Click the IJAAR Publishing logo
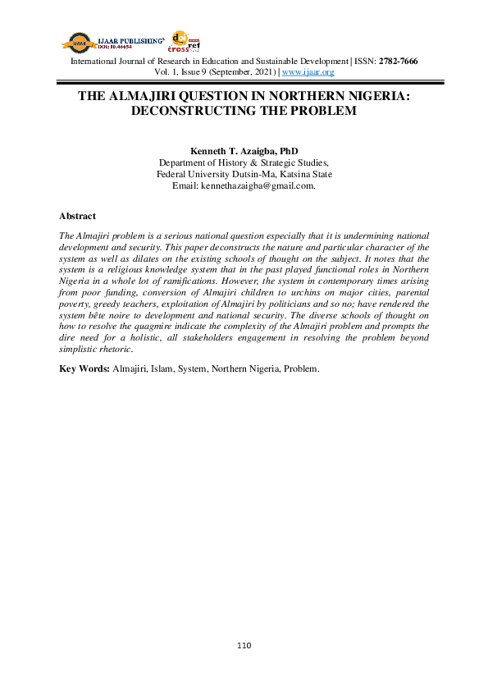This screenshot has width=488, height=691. tap(114, 42)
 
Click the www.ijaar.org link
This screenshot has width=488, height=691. tap(308, 72)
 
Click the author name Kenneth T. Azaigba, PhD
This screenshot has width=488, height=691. tap(244, 152)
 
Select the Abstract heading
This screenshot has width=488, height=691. tap(77, 216)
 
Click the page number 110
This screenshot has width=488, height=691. tap(244, 646)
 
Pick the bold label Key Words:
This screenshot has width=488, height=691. tap(84, 368)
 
